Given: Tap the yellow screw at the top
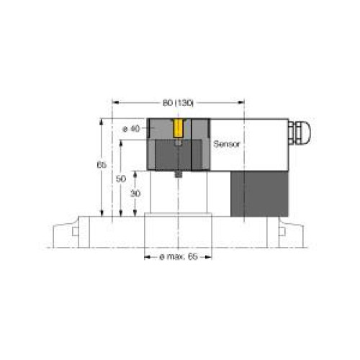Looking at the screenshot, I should coord(178,129).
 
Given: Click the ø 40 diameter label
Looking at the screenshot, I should coord(132,129).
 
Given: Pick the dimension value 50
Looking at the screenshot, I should coord(121,177).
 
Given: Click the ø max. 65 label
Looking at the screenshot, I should coord(177,256).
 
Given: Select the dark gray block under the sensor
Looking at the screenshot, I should coord(258,192).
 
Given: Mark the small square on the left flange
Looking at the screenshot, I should coord(76,231).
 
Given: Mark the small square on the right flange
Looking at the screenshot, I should coord(281,231).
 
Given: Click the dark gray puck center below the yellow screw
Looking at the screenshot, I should coord(178,154).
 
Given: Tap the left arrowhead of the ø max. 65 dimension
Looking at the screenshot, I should coord(147,256).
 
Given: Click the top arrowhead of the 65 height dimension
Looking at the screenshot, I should coord(102,120).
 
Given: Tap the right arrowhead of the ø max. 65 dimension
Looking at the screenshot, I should coord(209,256).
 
